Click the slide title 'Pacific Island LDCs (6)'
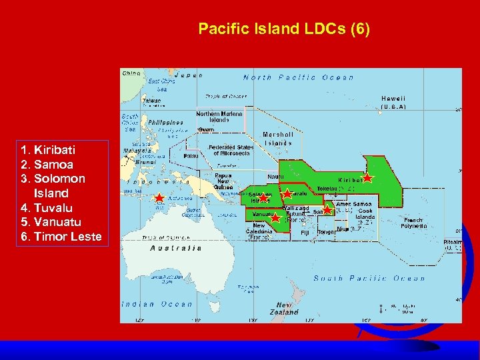[x=284, y=30]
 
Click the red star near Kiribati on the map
[x=367, y=178]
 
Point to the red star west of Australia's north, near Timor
[x=159, y=198]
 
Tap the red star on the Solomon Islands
[x=263, y=197]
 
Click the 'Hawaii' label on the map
[x=393, y=98]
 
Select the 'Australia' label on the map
[x=176, y=247]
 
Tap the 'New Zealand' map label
[x=284, y=309]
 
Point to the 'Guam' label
[x=206, y=129]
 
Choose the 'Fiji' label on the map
[x=304, y=232]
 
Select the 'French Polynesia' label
[x=414, y=223]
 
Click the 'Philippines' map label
[x=166, y=123]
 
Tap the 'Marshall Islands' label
[x=278, y=138]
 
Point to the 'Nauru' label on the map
[x=275, y=177]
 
